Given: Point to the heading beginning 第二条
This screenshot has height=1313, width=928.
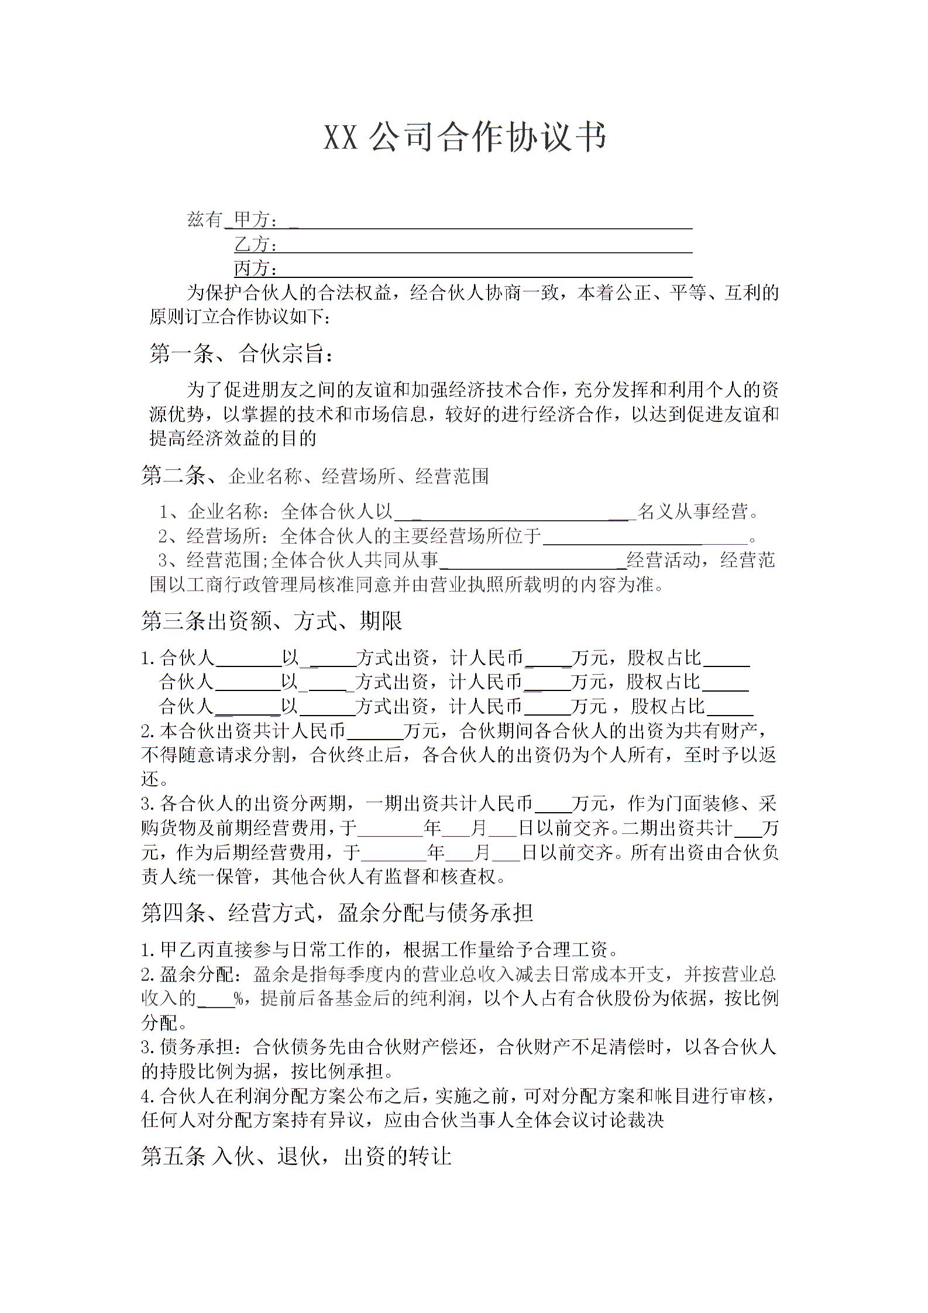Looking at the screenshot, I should [x=314, y=476].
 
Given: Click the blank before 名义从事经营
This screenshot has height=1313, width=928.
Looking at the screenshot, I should [x=515, y=513].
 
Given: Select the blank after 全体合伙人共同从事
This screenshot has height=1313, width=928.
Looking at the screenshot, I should [x=533, y=561].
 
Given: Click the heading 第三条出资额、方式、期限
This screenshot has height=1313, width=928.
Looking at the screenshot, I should [x=271, y=621].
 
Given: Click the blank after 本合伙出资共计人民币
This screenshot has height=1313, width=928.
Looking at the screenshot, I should [x=375, y=731].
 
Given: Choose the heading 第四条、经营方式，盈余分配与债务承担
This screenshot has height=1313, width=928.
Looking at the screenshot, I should [x=337, y=913].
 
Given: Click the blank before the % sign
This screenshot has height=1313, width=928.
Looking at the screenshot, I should [x=216, y=998].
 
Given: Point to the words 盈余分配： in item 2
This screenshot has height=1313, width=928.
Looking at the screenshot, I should [x=203, y=974].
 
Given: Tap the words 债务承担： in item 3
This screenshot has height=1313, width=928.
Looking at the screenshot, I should [x=204, y=1047].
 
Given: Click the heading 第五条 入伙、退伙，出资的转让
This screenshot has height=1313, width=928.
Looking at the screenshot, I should [x=296, y=1156].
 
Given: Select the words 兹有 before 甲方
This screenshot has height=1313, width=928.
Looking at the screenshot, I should [x=204, y=220].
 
